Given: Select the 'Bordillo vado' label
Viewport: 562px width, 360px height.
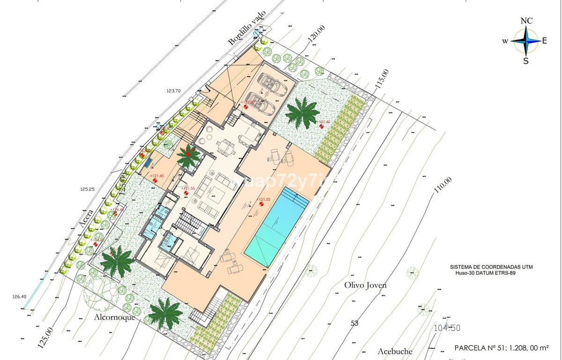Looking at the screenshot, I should tap(247, 28).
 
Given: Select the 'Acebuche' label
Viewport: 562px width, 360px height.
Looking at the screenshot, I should tap(395, 351).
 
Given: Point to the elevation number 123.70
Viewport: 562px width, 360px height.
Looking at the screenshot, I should tap(173, 90).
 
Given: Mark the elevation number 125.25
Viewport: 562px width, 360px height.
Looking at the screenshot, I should tap(87, 189).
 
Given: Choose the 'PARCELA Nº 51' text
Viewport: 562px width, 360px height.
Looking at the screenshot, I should tap(502, 348).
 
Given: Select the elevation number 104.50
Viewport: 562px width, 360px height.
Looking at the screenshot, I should tap(448, 328).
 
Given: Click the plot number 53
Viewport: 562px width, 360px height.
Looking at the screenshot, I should tap(355, 323).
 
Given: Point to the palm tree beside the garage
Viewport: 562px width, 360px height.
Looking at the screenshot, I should tap(303, 112).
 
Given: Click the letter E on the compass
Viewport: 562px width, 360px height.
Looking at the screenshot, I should tap(545, 41).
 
